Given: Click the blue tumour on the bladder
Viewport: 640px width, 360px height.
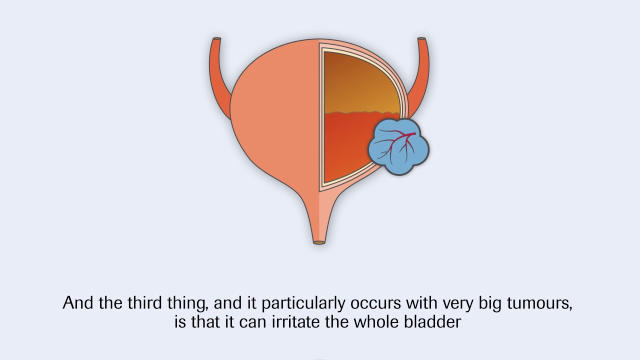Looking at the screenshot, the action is pyautogui.click(x=398, y=147).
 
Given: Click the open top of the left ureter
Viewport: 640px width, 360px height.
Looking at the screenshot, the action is pyautogui.click(x=217, y=38).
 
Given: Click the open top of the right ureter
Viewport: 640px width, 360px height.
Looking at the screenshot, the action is pyautogui.click(x=421, y=38).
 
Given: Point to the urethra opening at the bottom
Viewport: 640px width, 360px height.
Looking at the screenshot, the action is pyautogui.click(x=319, y=242).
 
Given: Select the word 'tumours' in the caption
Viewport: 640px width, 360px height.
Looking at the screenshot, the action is pyautogui.click(x=539, y=303).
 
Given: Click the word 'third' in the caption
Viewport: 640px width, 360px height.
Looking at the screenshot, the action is pyautogui.click(x=144, y=303).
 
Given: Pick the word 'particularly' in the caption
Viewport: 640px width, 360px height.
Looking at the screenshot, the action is pyautogui.click(x=303, y=303).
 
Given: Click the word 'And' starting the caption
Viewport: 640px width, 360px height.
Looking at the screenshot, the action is pyautogui.click(x=77, y=303).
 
